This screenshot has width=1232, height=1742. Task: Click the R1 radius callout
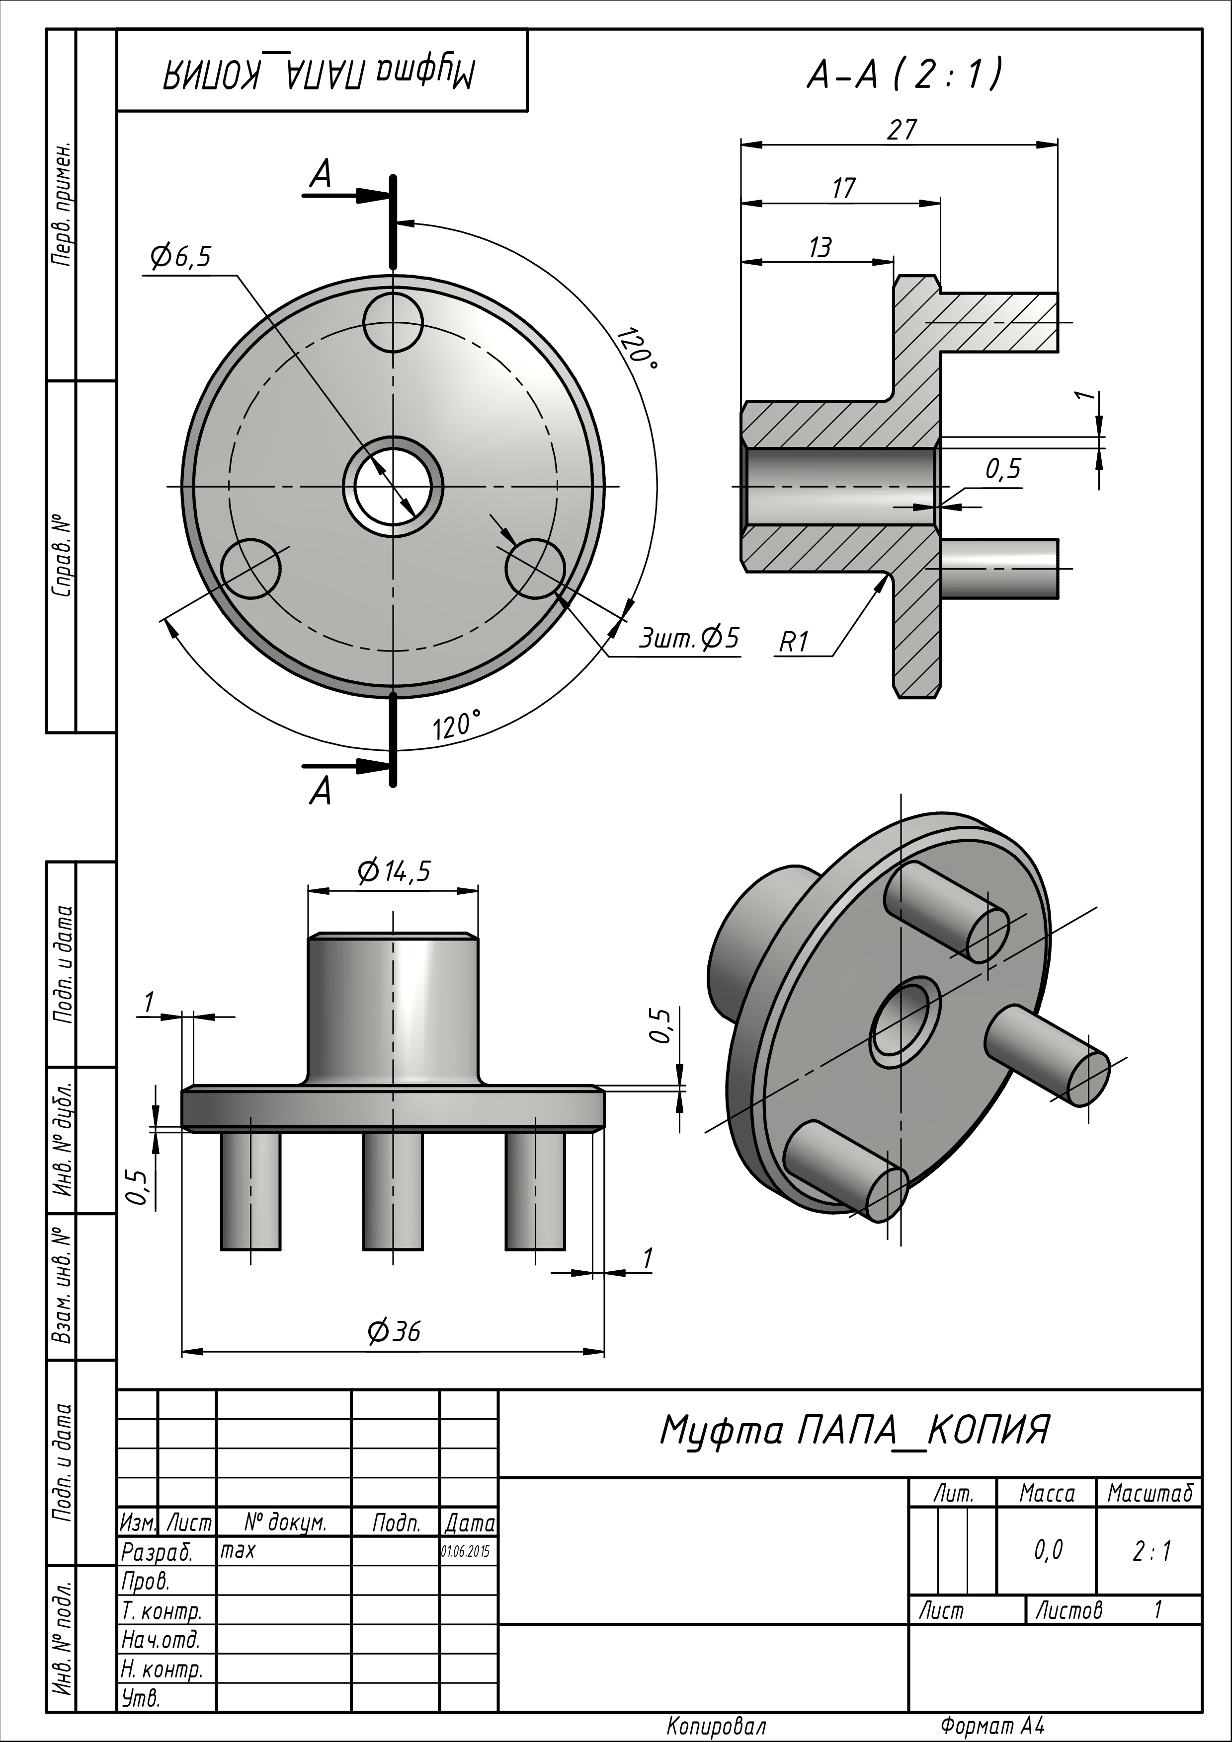pyautogui.click(x=794, y=643)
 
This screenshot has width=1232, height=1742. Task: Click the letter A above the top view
pyautogui.click(x=321, y=176)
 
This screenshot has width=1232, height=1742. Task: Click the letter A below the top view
pyautogui.click(x=321, y=792)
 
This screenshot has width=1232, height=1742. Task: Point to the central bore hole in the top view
pyautogui.click(x=393, y=486)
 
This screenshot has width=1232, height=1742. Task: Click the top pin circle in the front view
pyautogui.click(x=393, y=322)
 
